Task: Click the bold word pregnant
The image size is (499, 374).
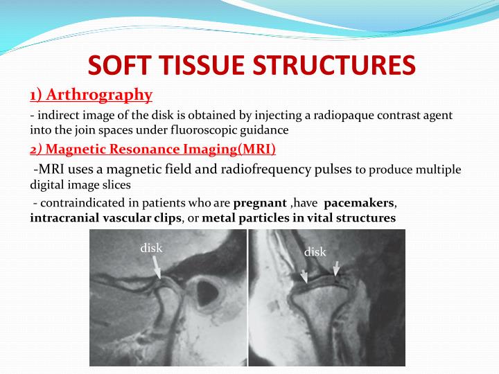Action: (260, 204)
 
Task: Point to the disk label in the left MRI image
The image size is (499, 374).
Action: (151, 248)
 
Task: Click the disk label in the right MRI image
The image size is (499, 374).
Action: (315, 252)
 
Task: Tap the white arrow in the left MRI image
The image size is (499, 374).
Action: (157, 266)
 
